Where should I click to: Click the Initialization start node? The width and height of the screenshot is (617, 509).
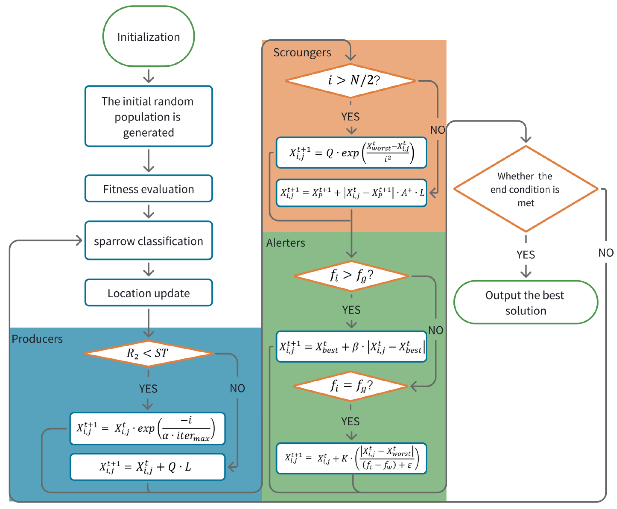pos(148,36)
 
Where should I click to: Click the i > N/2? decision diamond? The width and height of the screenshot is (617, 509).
pos(350,80)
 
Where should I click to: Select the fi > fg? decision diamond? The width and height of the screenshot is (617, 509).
pos(351,276)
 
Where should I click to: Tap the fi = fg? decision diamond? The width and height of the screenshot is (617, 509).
pos(350,386)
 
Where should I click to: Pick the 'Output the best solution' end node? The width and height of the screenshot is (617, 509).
pos(525,302)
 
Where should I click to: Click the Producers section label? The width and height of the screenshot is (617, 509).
pos(37,339)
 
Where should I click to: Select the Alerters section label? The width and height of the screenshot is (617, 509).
pos(285,243)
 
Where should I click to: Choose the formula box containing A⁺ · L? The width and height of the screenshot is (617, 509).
pos(351,193)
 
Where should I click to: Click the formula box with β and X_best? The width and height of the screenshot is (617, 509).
pos(351,347)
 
